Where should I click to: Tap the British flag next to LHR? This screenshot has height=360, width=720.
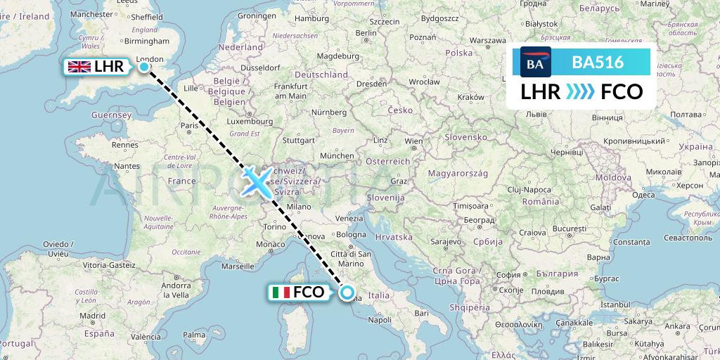click(79, 67)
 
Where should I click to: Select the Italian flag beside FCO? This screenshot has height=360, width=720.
click(281, 292)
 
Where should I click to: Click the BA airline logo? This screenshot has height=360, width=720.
click(536, 62)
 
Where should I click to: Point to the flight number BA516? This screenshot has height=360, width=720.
click(598, 62)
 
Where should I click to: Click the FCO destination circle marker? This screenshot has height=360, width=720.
click(347, 292)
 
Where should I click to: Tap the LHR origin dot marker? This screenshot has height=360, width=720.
click(144, 67)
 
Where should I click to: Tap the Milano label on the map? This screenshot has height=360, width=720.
click(298, 207)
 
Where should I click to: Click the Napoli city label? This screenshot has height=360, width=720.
click(379, 320)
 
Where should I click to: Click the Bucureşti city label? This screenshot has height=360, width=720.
click(569, 229)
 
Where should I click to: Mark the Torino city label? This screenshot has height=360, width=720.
click(274, 226)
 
